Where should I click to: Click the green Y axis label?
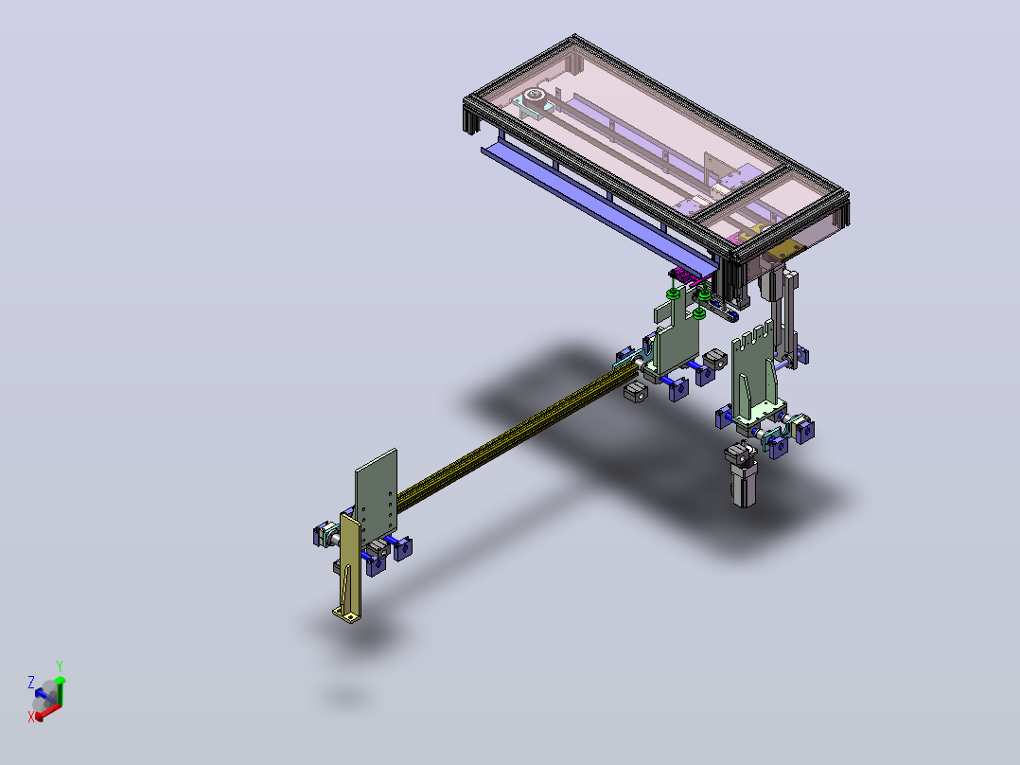tap(60, 667)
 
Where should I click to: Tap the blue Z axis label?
tap(31, 683)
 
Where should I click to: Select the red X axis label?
tap(31, 717)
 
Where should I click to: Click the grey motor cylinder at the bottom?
tap(743, 474)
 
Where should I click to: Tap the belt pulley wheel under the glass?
tap(535, 96)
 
